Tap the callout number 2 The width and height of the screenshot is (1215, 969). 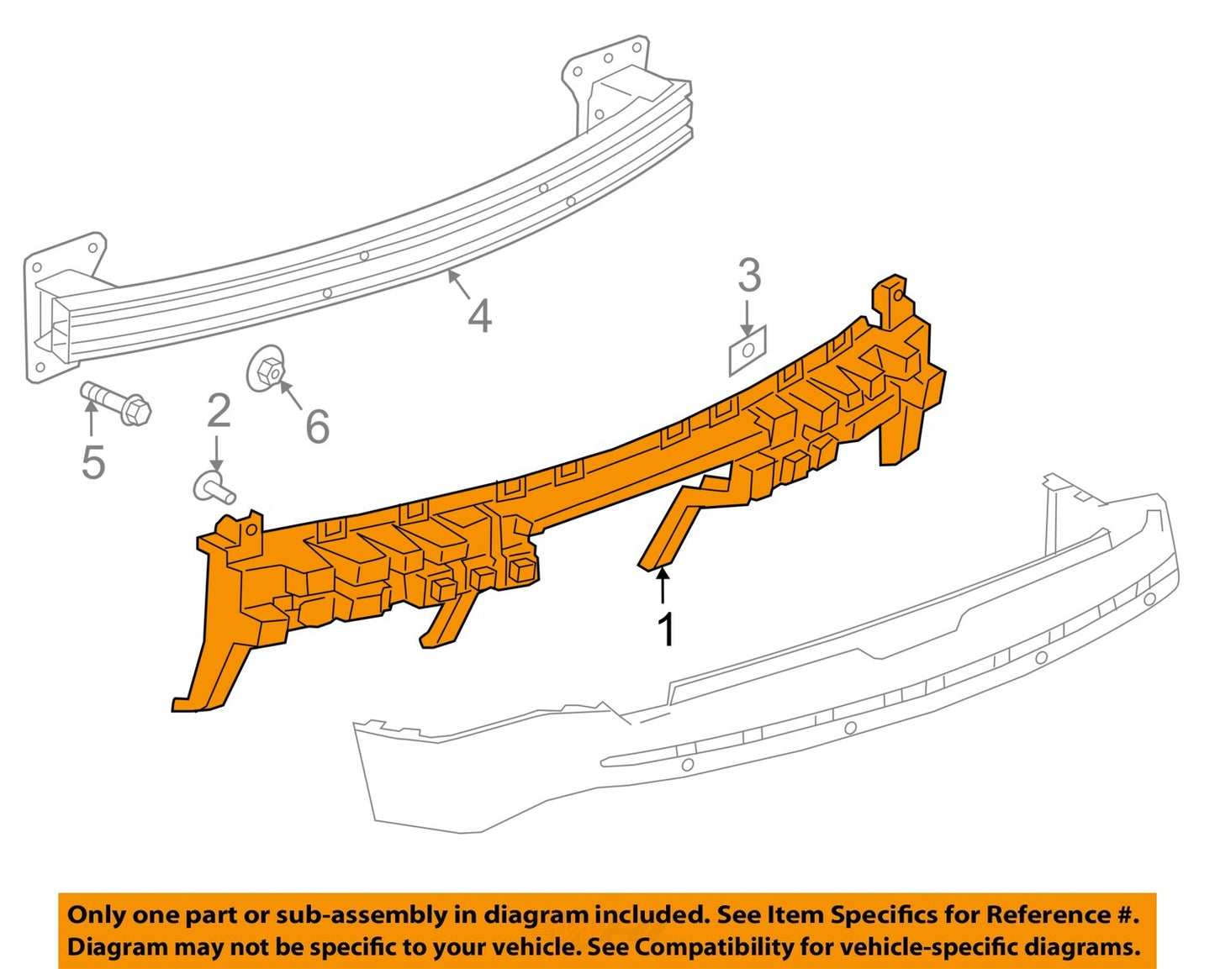pyautogui.click(x=219, y=412)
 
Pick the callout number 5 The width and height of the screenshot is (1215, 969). pyautogui.click(x=93, y=461)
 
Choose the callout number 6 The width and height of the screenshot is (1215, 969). pyautogui.click(x=317, y=427)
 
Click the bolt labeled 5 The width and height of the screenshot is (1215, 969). pyautogui.click(x=116, y=403)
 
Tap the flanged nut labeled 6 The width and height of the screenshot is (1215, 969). pyautogui.click(x=267, y=369)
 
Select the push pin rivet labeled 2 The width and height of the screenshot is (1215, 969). pyautogui.click(x=214, y=488)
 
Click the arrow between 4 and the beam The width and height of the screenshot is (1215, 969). pyautogui.click(x=458, y=285)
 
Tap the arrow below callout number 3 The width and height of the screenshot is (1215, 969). pyautogui.click(x=747, y=319)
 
